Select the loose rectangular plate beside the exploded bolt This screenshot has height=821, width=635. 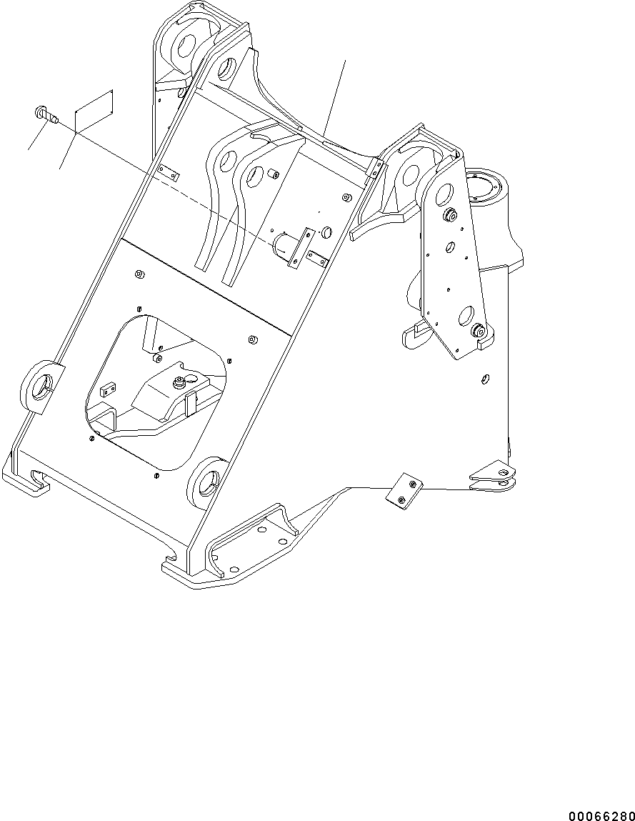point(93,111)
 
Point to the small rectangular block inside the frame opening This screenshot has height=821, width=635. point(108,389)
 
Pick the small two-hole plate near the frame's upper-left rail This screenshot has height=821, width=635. point(169,172)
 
